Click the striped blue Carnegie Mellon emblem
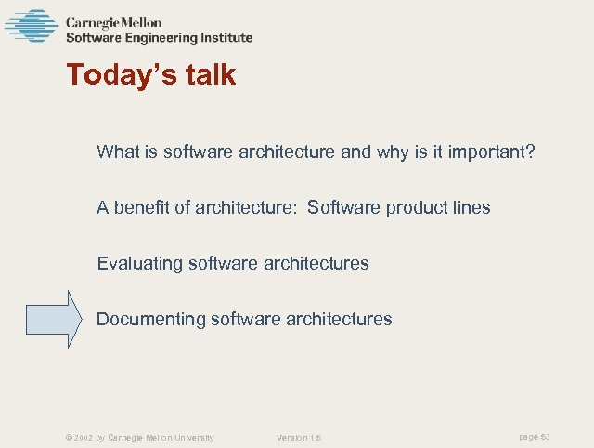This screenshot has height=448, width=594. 31,26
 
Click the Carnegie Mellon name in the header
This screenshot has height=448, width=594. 112,22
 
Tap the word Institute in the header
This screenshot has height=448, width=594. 222,38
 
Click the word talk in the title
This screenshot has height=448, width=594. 205,75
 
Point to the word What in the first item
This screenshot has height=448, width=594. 117,152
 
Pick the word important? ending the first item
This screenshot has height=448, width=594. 493,152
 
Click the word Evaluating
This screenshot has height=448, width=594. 140,263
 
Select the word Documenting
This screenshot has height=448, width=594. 151,319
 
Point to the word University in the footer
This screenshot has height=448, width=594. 190,437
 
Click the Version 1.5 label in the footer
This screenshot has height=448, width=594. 299,437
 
